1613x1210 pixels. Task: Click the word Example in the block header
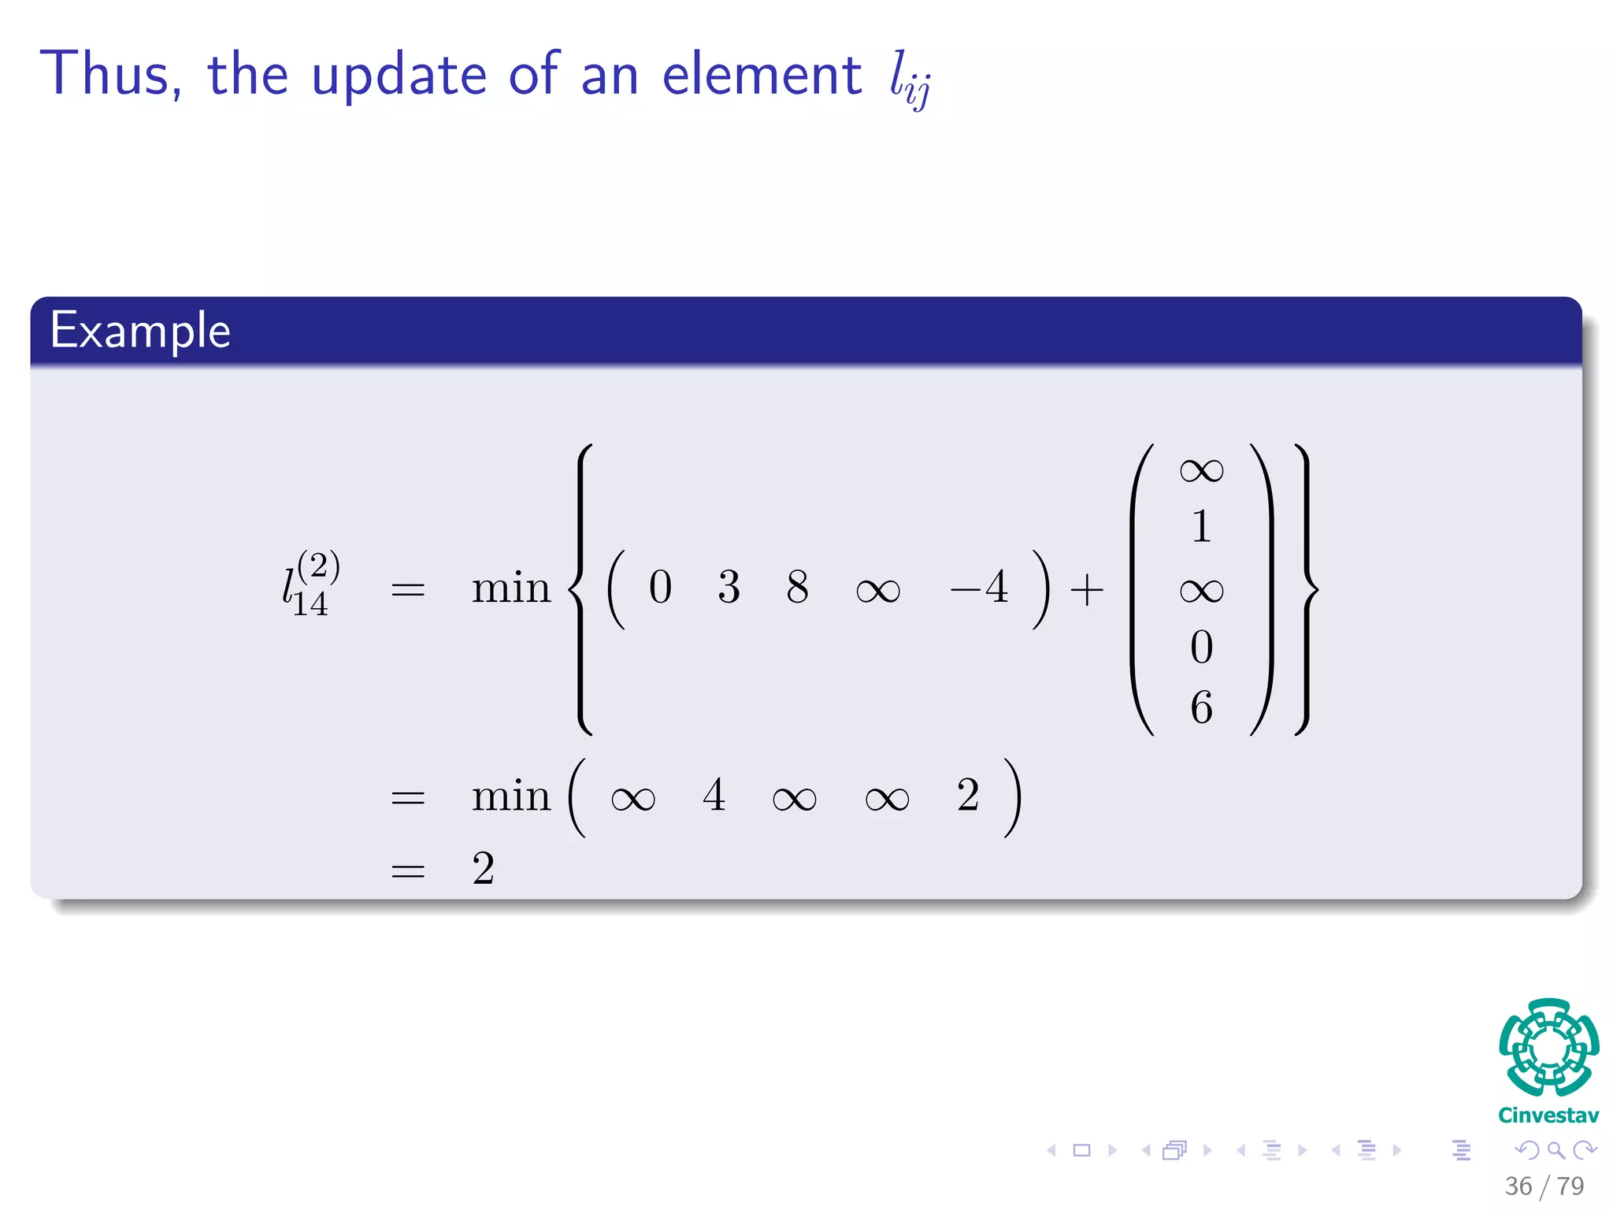tap(140, 330)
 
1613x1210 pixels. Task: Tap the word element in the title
tap(762, 74)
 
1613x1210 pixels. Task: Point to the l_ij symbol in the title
tap(910, 80)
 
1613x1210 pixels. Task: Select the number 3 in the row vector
tap(729, 588)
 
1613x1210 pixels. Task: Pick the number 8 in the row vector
tap(797, 588)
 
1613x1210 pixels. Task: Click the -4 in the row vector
tap(979, 588)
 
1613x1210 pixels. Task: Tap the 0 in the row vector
tap(660, 588)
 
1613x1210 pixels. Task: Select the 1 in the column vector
tap(1201, 526)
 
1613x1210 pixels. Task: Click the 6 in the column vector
tap(1201, 707)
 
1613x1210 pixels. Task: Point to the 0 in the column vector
tap(1201, 648)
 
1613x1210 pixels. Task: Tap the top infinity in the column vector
tap(1201, 471)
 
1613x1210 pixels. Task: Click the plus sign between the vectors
tap(1087, 589)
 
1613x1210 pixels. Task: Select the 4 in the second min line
tap(714, 795)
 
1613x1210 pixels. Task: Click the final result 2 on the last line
tap(483, 869)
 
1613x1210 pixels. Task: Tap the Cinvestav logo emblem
tap(1548, 1048)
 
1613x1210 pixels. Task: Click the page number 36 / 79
tap(1544, 1186)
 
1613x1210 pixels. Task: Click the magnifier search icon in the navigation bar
tap(1556, 1150)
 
